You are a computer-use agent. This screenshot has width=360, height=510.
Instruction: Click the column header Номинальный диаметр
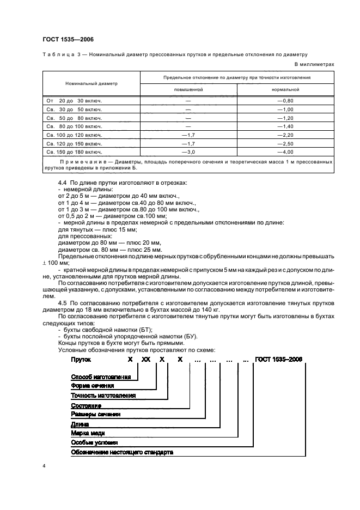click(91, 83)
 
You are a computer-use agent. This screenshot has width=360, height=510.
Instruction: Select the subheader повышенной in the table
click(188, 89)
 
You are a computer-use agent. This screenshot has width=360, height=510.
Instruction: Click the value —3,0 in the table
click(188, 151)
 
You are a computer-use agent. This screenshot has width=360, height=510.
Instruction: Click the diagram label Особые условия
click(94, 442)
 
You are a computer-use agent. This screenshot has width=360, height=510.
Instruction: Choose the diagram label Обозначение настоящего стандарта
click(122, 452)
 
